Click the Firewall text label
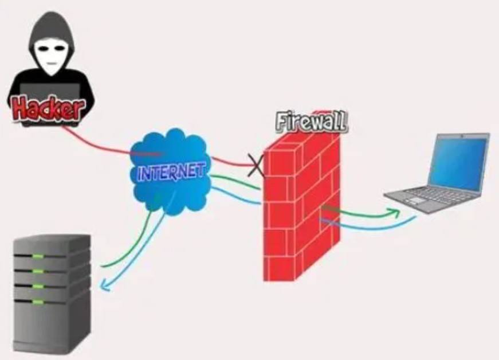312,122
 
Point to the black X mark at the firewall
256,165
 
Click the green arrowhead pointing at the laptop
394,212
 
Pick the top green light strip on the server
38,256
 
